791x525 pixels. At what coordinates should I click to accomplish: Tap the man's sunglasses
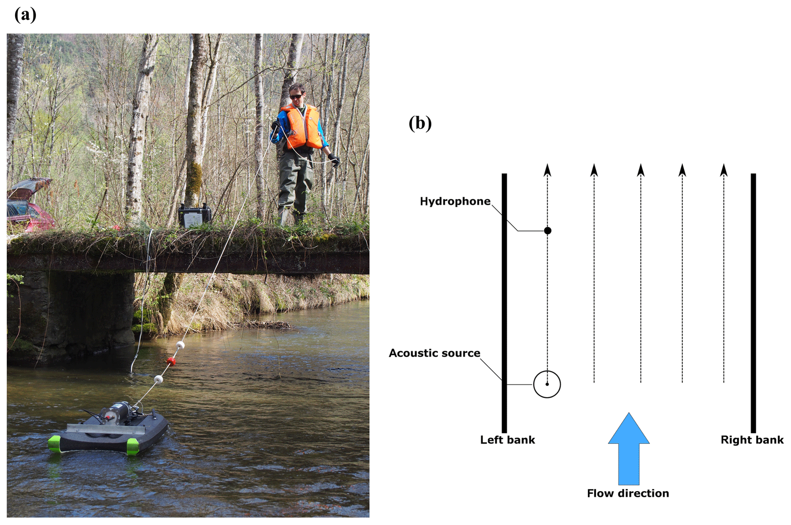pos(296,97)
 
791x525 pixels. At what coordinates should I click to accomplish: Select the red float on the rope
pos(171,361)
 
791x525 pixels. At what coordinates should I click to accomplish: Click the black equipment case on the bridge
pos(194,216)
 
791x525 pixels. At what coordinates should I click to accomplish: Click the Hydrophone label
pos(455,202)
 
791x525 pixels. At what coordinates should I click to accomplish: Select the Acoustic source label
pos(434,353)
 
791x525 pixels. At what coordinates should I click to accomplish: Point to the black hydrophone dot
pos(548,231)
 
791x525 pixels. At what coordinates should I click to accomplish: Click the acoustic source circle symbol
pos(547,384)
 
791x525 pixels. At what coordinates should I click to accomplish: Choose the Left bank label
pos(507,440)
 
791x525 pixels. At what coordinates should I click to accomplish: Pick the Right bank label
pos(752,440)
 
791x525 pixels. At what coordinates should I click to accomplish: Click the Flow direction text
pos(628,494)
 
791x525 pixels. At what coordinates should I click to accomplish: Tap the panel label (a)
pos(25,15)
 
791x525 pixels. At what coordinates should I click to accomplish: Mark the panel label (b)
pos(420,123)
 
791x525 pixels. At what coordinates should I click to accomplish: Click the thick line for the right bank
pos(753,303)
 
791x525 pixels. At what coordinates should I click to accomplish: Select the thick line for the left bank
pos(504,303)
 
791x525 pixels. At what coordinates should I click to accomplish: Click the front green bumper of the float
pos(132,446)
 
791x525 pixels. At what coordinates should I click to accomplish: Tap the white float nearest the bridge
pos(180,345)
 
